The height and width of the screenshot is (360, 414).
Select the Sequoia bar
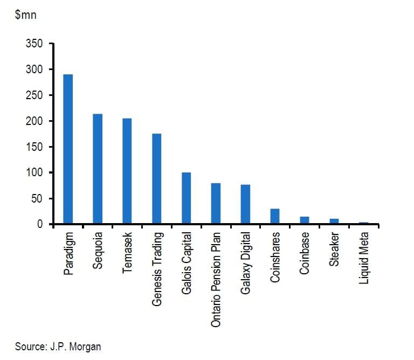(x=98, y=169)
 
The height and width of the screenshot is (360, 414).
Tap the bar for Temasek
(x=127, y=171)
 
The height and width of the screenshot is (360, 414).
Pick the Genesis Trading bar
(x=156, y=179)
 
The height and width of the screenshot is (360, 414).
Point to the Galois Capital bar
(x=186, y=198)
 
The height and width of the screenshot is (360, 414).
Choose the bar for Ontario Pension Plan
(x=216, y=204)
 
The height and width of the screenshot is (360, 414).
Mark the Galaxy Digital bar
(x=245, y=204)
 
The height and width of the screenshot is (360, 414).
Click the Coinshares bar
(x=275, y=216)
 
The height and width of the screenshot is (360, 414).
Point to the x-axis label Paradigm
(x=68, y=253)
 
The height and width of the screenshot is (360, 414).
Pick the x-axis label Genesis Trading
(x=157, y=269)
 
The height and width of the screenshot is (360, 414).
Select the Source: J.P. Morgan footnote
(x=58, y=347)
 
